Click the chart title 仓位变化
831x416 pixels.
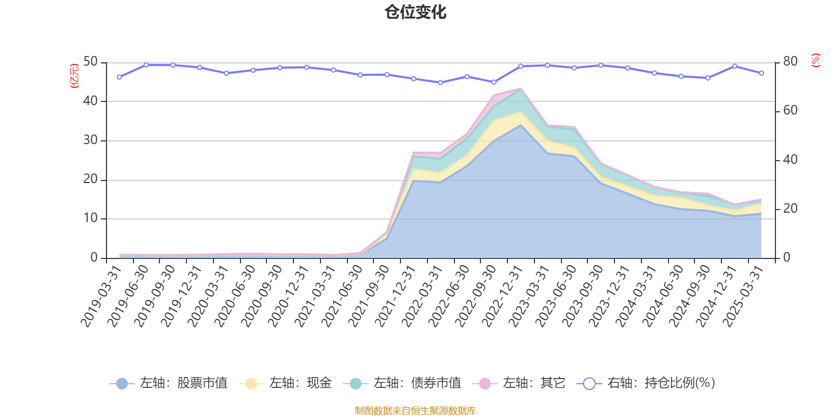click(x=415, y=12)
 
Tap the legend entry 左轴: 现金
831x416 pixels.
click(x=286, y=383)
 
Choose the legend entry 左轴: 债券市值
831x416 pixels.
click(x=403, y=383)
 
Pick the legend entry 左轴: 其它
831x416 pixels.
click(x=519, y=383)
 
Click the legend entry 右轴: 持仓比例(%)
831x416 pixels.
click(x=647, y=383)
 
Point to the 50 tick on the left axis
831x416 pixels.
click(x=90, y=62)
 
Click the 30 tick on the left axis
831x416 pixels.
click(x=90, y=140)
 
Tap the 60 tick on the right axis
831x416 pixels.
click(x=790, y=110)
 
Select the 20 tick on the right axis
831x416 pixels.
click(x=790, y=209)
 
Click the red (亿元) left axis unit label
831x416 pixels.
click(x=74, y=76)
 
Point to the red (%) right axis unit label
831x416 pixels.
click(x=815, y=60)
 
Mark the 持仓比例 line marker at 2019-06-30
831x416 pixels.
click(x=146, y=65)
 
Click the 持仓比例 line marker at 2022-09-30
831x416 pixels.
click(x=494, y=82)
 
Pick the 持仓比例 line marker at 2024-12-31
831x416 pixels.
click(x=734, y=66)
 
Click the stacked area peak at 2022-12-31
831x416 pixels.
click(x=520, y=88)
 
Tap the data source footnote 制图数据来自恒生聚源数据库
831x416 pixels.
click(x=415, y=411)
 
